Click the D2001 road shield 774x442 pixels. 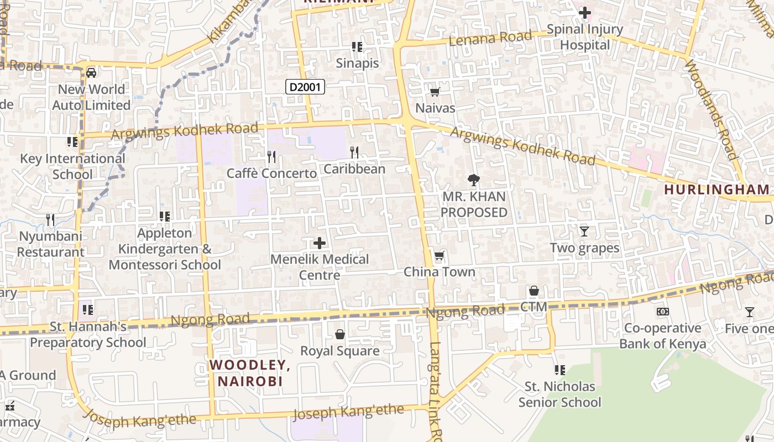[x=305, y=86]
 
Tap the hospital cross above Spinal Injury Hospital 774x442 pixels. [x=584, y=12]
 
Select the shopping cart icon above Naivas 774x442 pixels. [x=435, y=92]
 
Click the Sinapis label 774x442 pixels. [x=357, y=63]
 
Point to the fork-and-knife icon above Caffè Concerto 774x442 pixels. [x=271, y=157]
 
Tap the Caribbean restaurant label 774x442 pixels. [x=354, y=169]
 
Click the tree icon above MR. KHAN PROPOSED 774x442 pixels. [x=473, y=180]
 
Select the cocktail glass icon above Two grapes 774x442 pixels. [x=584, y=231]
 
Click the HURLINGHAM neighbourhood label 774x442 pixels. [x=717, y=190]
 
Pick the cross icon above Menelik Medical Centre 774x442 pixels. [x=319, y=243]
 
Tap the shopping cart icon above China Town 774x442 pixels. [x=440, y=255]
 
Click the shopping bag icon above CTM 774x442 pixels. [x=534, y=291]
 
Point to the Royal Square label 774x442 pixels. [x=339, y=351]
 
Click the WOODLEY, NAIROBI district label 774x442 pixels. [x=250, y=373]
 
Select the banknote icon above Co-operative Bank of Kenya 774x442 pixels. [x=662, y=312]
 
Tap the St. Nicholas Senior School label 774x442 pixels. [x=559, y=394]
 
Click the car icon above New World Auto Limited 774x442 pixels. [x=91, y=72]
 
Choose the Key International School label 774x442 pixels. [x=72, y=166]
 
